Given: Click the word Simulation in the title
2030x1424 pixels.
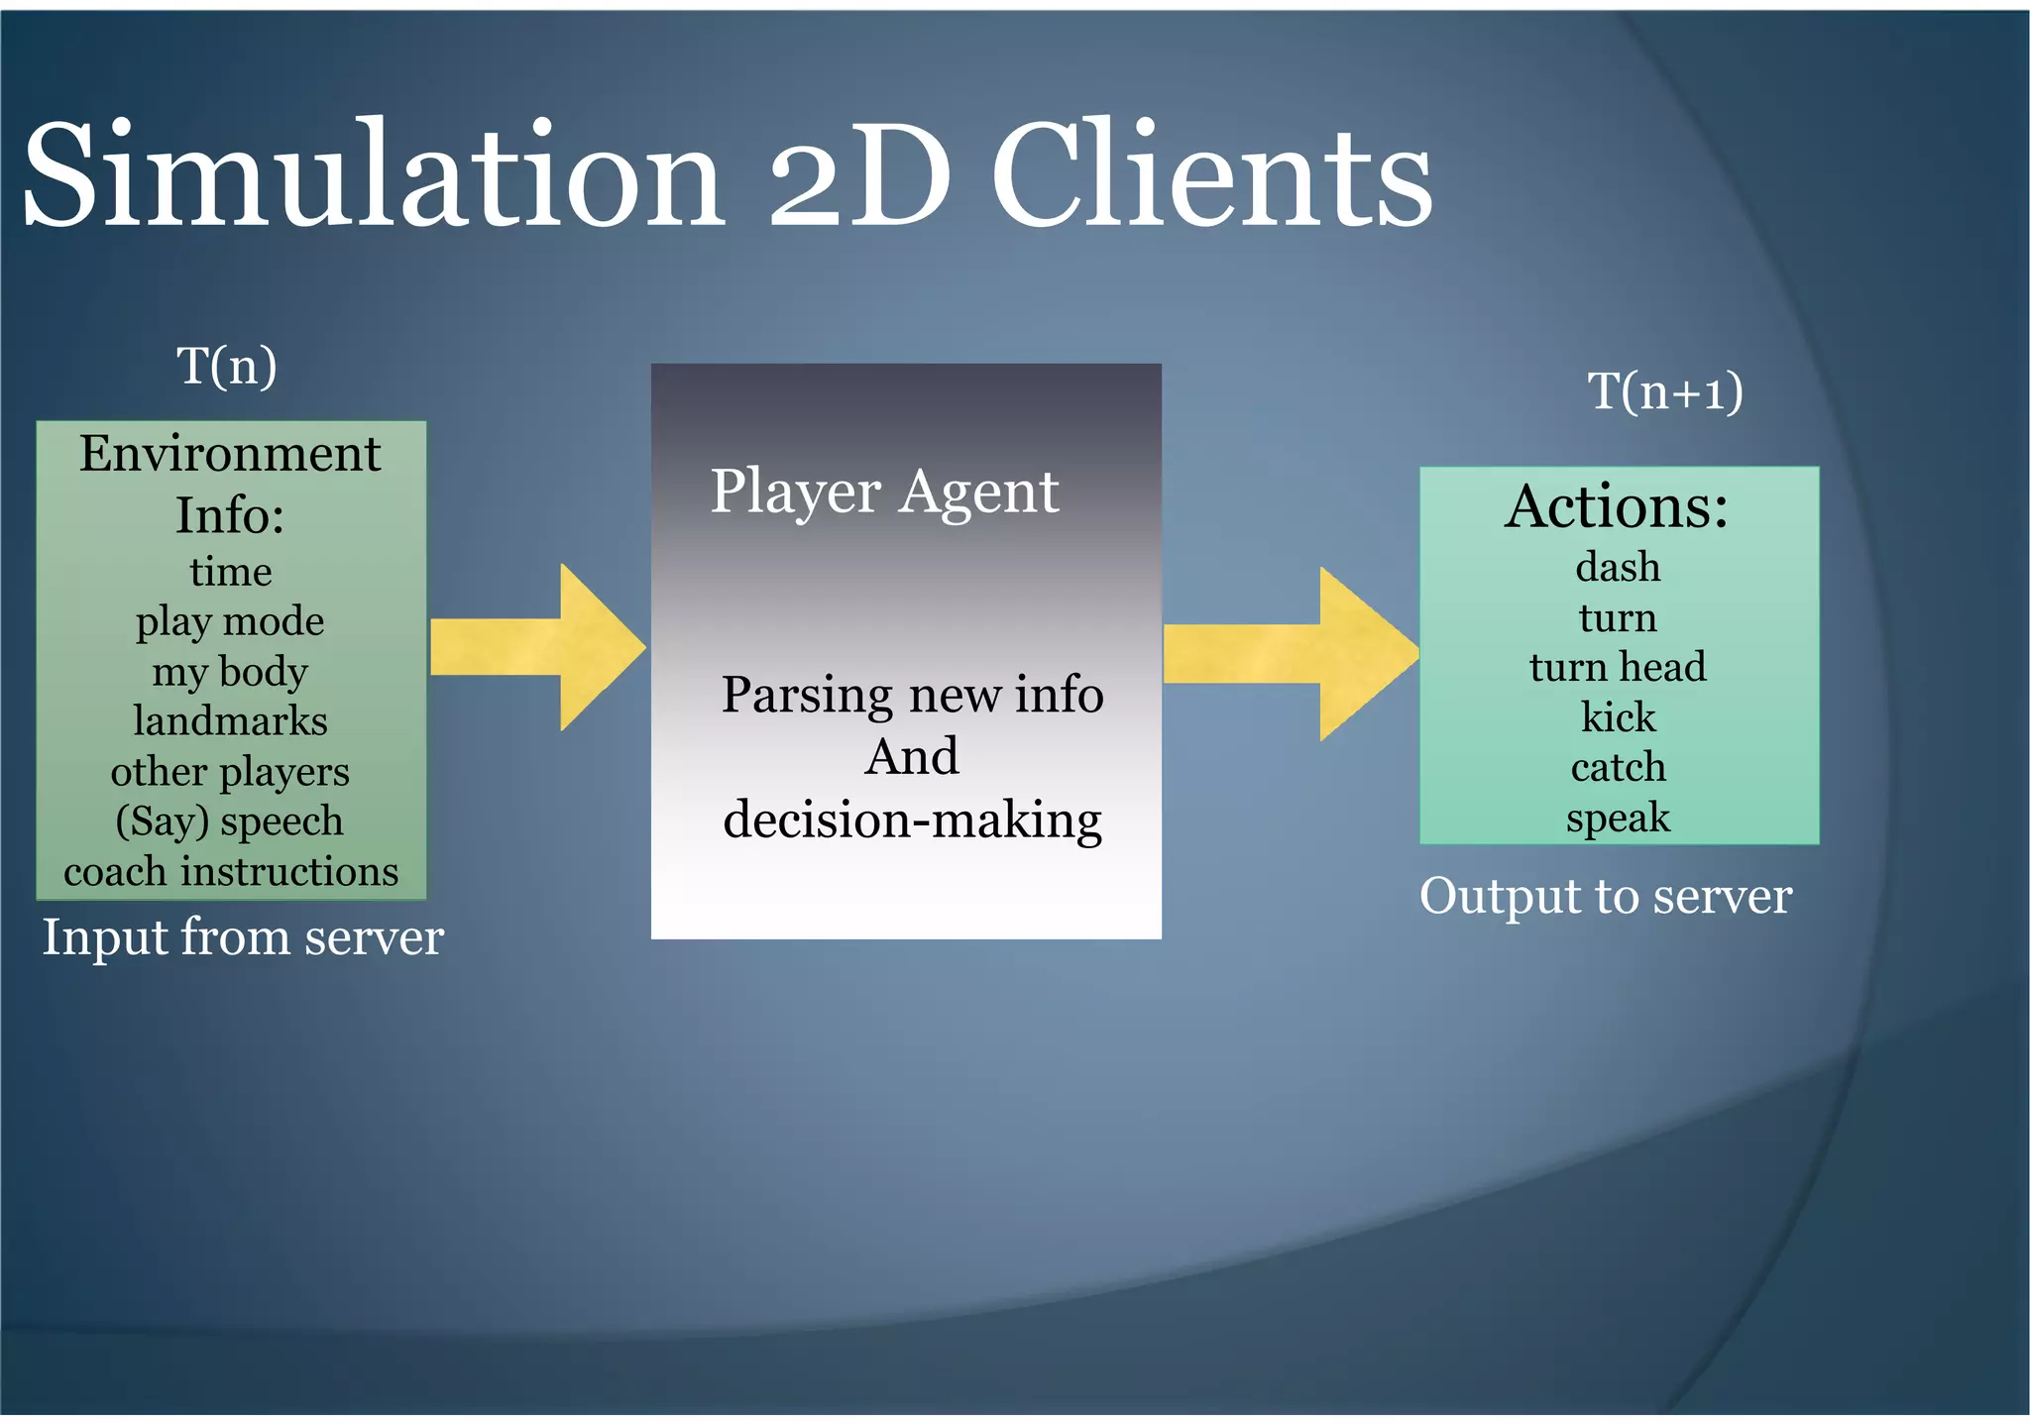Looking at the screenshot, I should (x=372, y=175).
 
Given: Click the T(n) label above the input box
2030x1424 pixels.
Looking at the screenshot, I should (x=226, y=366).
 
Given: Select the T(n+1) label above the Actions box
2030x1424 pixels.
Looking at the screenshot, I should (x=1664, y=390).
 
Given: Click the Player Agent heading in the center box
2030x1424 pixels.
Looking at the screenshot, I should (x=884, y=492).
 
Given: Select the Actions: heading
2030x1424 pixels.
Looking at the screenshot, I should (x=1617, y=506).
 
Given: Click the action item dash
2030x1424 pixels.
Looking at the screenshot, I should (x=1618, y=568).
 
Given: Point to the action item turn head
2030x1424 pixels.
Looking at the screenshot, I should (x=1618, y=667).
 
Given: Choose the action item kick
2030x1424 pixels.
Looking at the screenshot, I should (x=1618, y=716).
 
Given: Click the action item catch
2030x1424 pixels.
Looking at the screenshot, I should (x=1618, y=767).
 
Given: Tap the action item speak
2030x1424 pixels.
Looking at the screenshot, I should (x=1618, y=819).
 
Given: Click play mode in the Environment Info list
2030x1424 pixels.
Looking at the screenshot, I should (x=230, y=622).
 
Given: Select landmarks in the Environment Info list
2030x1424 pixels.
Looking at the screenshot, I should (x=230, y=721).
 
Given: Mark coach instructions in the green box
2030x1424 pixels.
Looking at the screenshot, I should (x=231, y=872).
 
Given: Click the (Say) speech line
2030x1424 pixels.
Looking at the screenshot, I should (x=230, y=822).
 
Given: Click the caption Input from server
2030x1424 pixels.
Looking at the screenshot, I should (x=243, y=937).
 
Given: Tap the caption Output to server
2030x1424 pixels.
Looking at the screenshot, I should (x=1605, y=897).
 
